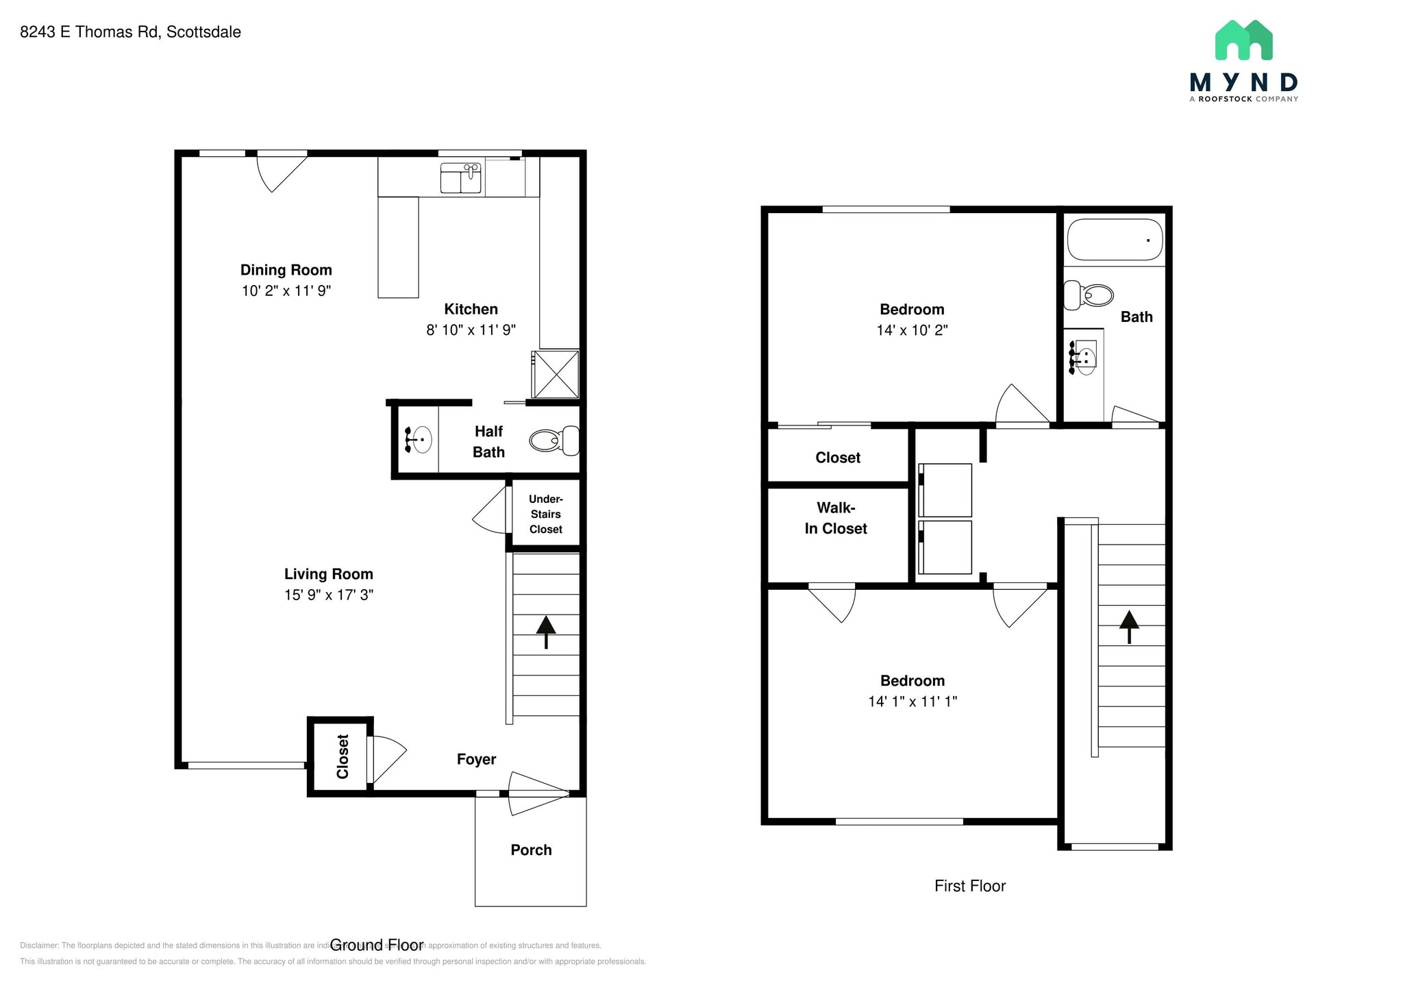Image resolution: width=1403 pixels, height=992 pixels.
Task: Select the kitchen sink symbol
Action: point(460,178)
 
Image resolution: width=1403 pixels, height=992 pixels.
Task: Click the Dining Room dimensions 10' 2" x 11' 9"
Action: point(286,290)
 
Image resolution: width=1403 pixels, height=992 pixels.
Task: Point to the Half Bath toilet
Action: point(554,440)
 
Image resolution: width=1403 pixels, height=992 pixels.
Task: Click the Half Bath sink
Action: point(419,438)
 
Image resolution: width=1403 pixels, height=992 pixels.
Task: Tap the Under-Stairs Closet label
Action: point(545,514)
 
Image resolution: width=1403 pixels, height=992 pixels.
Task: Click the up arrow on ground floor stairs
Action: point(546,631)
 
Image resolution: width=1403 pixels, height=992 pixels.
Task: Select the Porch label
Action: point(531,850)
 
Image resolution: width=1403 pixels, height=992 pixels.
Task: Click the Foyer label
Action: point(476,759)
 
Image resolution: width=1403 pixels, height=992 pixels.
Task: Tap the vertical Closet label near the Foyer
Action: point(343,756)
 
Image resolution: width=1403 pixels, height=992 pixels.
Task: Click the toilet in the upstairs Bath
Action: point(1089,295)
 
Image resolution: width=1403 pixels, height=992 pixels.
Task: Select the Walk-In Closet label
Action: point(836,518)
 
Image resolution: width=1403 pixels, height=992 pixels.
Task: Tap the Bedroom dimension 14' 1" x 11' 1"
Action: point(912,702)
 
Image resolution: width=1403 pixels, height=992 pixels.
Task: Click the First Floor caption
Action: point(969,886)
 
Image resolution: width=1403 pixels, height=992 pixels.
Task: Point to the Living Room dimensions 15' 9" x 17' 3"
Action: point(329,595)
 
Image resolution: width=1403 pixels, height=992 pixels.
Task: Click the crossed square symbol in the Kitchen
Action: point(556,374)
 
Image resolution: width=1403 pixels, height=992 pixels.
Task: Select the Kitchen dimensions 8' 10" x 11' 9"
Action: point(471,330)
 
